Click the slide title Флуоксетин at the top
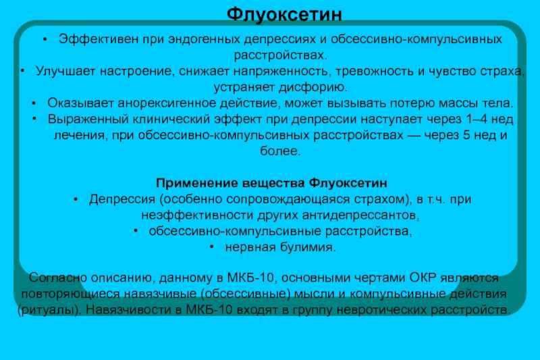[x=284, y=14]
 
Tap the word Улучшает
[x=65, y=72]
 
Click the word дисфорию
[x=313, y=87]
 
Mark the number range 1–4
[x=477, y=119]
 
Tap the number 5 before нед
[x=466, y=135]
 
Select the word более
[x=279, y=151]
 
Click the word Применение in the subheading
[x=196, y=183]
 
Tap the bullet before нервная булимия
[x=211, y=247]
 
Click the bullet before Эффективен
[x=45, y=39]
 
